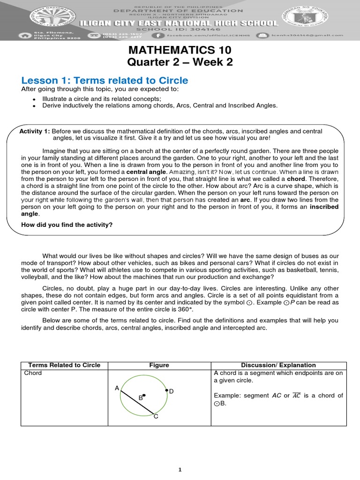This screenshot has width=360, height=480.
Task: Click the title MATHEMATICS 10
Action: coord(180,50)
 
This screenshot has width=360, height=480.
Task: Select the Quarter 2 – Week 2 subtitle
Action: coord(180,62)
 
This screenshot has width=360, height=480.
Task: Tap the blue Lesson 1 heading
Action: coord(105,80)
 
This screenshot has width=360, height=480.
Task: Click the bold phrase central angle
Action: coord(147,172)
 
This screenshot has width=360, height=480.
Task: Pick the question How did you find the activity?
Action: coord(67,225)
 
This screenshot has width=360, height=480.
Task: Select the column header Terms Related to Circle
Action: coord(64,365)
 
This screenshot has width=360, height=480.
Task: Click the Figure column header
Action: coord(158,365)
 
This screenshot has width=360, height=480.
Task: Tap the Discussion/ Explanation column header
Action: coord(278,365)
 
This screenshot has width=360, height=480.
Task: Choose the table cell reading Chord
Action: coord(33,373)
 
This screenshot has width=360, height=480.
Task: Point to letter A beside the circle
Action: coord(117,388)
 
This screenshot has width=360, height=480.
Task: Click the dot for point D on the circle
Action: coord(166,390)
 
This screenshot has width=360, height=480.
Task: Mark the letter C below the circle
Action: coord(156,417)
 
